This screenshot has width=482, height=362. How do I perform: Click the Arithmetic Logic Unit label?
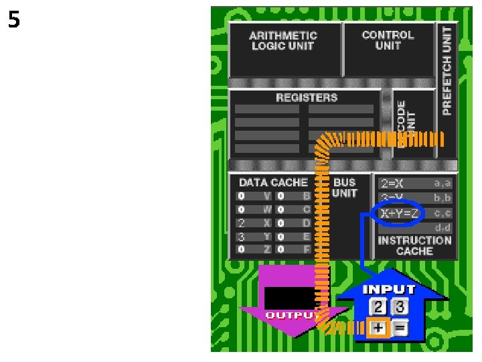283,40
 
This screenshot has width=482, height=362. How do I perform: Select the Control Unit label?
388,40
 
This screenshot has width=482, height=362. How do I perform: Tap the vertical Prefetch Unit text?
447,71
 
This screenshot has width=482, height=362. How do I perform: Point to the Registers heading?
307,98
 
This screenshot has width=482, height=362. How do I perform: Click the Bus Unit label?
345,188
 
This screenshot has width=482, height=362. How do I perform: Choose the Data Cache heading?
273,182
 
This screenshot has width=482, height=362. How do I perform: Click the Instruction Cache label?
414,245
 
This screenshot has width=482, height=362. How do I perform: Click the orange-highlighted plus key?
379,328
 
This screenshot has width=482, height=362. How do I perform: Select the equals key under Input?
400,328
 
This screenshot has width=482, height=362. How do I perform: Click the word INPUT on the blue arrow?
388,290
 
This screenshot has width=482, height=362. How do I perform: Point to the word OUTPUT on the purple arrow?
289,314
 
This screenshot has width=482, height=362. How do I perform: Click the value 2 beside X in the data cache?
241,223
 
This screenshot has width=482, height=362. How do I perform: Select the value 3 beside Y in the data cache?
241,236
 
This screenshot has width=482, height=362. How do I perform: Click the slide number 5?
13,21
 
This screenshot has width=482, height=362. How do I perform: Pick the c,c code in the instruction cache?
443,213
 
